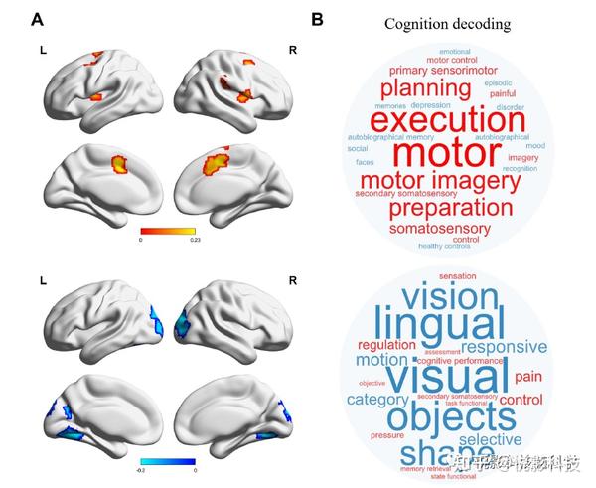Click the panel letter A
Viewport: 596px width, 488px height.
click(37, 19)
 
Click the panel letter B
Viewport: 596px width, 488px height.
click(317, 19)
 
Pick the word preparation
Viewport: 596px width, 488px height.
click(450, 208)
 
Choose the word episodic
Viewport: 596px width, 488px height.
click(498, 82)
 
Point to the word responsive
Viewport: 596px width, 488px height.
click(504, 347)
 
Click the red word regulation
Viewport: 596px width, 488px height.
click(387, 344)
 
